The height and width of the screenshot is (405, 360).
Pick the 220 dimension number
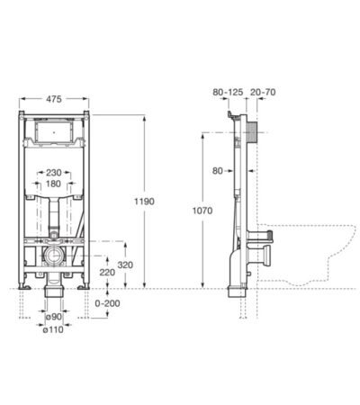point(107,271)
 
